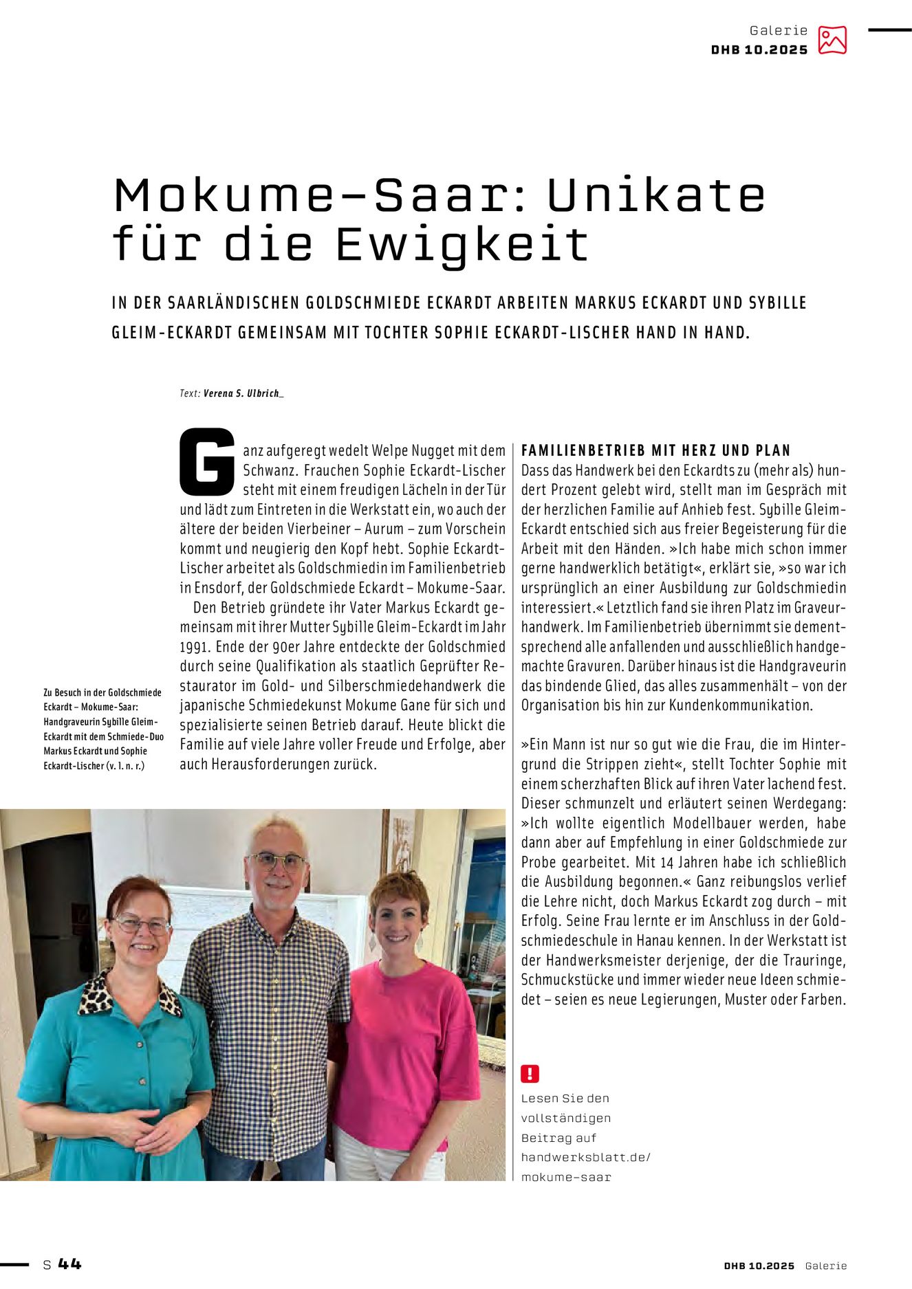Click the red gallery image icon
(x=832, y=40)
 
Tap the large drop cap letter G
(x=207, y=461)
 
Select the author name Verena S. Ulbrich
(x=242, y=393)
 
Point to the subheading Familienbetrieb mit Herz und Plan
(x=655, y=450)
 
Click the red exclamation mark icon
(x=530, y=1073)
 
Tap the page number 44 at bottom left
(x=69, y=1264)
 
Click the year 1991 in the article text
(x=193, y=647)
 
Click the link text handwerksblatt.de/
(x=585, y=1157)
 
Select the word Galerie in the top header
(x=778, y=30)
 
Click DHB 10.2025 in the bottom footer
(x=759, y=1266)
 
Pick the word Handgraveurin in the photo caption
(x=72, y=722)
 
